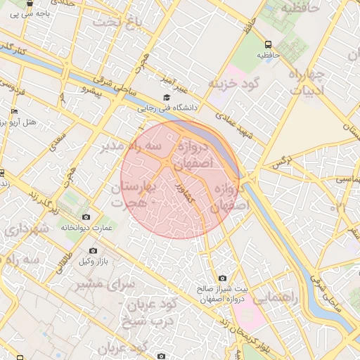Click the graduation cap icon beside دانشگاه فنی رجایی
point(167,98)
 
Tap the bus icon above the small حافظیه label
point(268,43)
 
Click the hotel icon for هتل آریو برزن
point(14,112)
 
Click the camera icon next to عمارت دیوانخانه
point(86,217)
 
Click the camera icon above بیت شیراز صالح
point(223,278)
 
